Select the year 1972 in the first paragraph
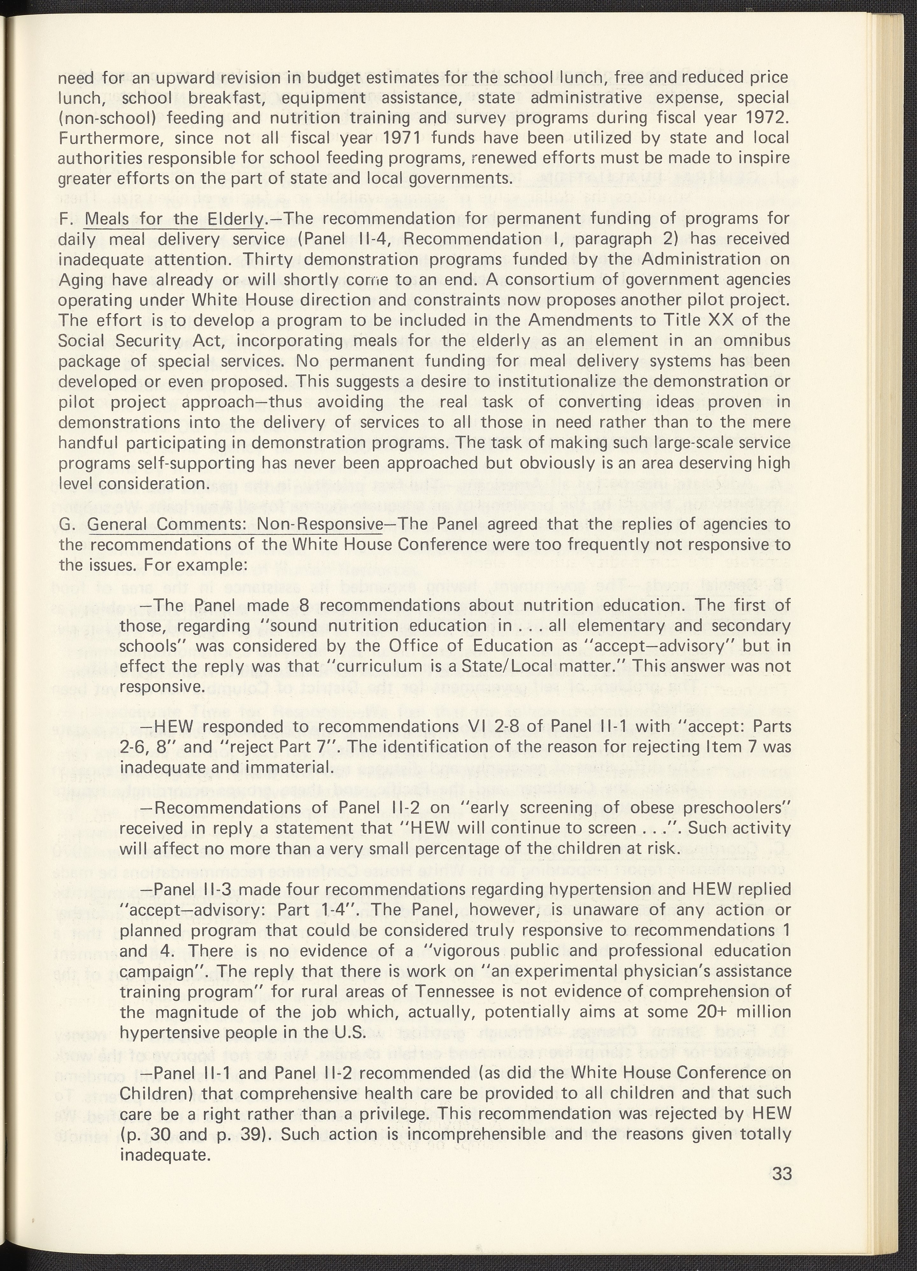[x=767, y=118]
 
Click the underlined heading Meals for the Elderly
[x=175, y=218]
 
